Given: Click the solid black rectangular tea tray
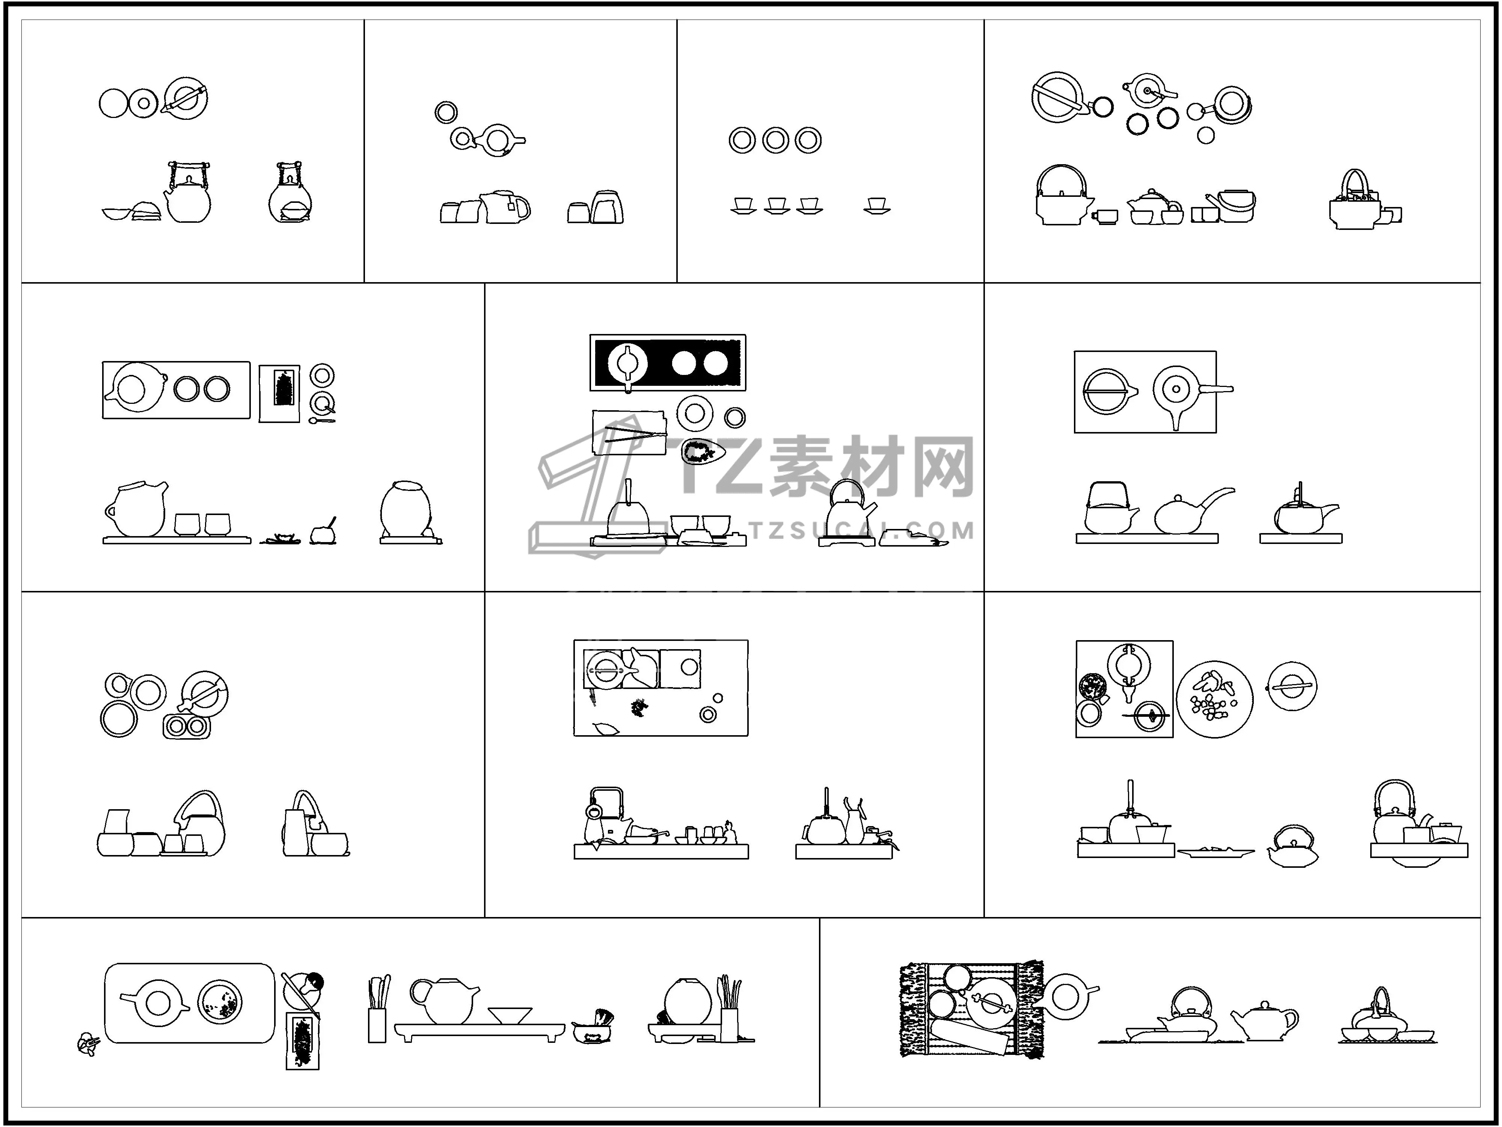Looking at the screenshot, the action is coord(668,363).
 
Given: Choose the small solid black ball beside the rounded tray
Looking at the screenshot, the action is coord(315,981).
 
